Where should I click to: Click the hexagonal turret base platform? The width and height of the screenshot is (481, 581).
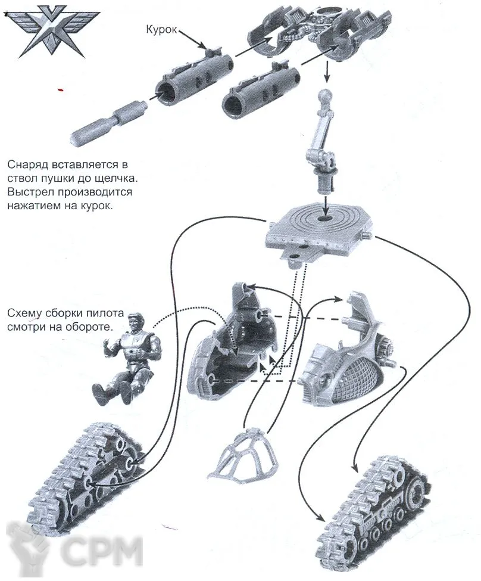(319, 229)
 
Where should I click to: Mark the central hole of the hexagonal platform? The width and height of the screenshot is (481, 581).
(326, 220)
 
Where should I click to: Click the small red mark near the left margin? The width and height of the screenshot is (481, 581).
(60, 91)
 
